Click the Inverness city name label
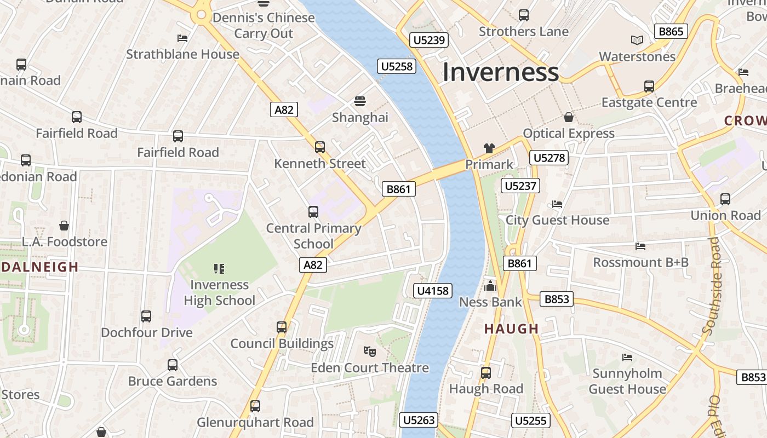pos(500,72)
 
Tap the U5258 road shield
pos(397,67)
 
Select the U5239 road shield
pos(430,40)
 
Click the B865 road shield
pos(671,31)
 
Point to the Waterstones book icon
pos(637,40)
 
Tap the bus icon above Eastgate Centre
pos(649,86)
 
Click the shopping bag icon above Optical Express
pos(569,117)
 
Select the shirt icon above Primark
pos(489,148)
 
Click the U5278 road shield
pos(549,158)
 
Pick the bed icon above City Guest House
pos(557,204)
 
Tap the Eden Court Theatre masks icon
pos(370,351)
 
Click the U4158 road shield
pos(433,291)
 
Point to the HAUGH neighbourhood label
pos(512,328)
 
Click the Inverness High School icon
pos(219,268)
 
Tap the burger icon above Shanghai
pos(360,101)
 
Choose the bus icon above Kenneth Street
pos(320,147)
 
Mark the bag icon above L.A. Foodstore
pos(64,226)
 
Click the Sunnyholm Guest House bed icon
pos(627,358)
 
